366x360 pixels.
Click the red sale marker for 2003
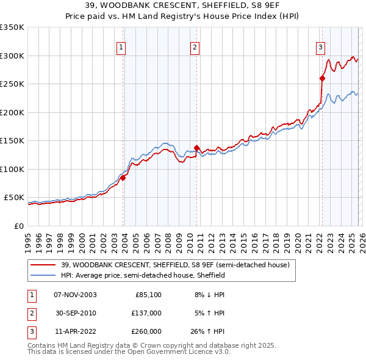pyautogui.click(x=123, y=178)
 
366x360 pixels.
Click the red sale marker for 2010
pyautogui.click(x=197, y=148)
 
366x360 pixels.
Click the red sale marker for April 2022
pyautogui.click(x=321, y=77)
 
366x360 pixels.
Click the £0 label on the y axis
pyautogui.click(x=18, y=226)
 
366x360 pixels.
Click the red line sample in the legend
pyautogui.click(x=43, y=265)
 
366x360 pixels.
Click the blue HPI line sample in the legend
pyautogui.click(x=43, y=275)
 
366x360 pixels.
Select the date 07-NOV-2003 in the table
pyautogui.click(x=76, y=295)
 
